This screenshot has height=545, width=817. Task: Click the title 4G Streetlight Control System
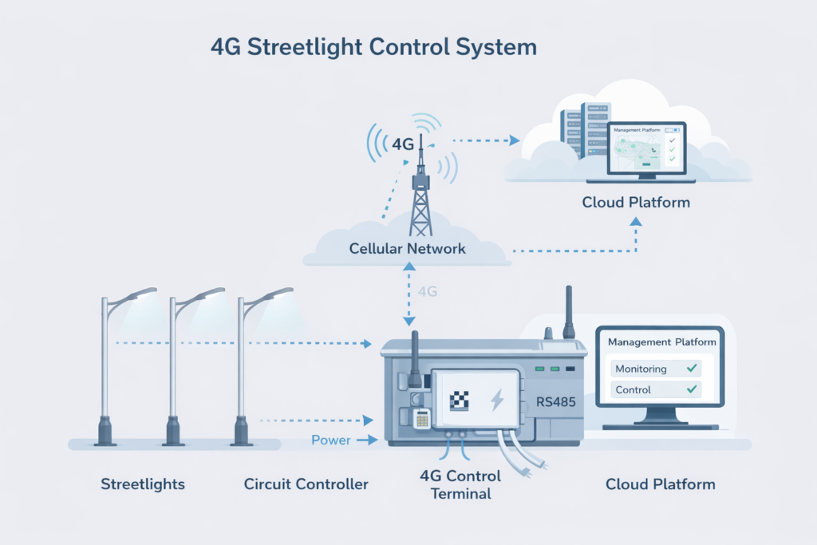point(373,46)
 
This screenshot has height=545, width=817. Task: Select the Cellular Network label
point(407,249)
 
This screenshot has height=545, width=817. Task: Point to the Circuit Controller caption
point(306,484)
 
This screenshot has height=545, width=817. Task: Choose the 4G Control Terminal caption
point(460,484)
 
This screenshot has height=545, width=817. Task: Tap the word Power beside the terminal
point(331,440)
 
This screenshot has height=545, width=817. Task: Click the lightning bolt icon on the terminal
point(496,400)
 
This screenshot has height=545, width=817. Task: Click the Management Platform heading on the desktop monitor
point(661,342)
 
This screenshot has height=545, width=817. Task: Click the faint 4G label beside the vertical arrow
point(428,292)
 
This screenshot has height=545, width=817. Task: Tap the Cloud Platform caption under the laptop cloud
point(635,203)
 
